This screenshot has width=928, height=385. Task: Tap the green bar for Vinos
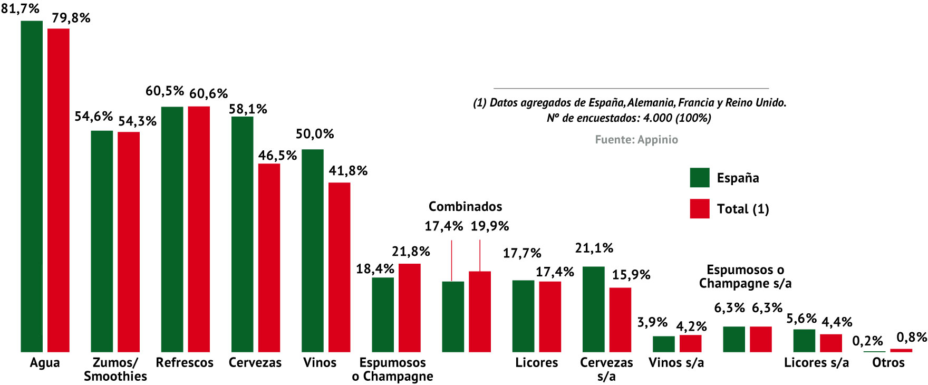313,251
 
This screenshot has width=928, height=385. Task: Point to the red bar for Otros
901,350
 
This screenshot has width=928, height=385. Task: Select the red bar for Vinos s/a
690,343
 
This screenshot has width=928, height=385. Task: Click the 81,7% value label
20,8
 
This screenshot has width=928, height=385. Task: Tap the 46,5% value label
277,156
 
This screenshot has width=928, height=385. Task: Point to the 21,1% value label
594,248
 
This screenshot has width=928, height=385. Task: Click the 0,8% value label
912,337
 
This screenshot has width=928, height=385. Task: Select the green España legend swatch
700,178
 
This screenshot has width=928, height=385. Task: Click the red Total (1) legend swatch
700,209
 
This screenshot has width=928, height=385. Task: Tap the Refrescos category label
185,363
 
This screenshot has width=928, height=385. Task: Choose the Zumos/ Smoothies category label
115,369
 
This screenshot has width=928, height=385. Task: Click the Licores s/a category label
816,363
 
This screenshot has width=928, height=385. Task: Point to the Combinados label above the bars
465,207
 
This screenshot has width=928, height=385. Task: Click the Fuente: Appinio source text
636,140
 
